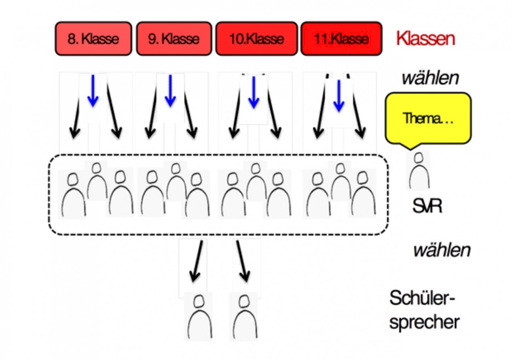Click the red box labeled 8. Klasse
click(93, 39)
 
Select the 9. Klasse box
click(174, 39)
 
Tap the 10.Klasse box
click(257, 39)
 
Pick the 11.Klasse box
click(341, 39)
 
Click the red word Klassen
click(425, 39)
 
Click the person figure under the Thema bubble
click(419, 170)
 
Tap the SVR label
click(427, 206)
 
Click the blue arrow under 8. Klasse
click(93, 91)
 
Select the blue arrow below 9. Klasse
click(170, 91)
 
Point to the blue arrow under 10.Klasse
click(254, 92)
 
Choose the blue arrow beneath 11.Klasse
click(339, 96)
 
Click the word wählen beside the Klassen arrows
click(430, 78)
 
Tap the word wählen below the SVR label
click(442, 250)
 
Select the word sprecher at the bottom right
click(424, 322)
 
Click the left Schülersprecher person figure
click(199, 316)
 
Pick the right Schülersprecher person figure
click(245, 316)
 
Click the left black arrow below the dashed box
click(197, 261)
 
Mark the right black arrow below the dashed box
click(243, 261)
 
